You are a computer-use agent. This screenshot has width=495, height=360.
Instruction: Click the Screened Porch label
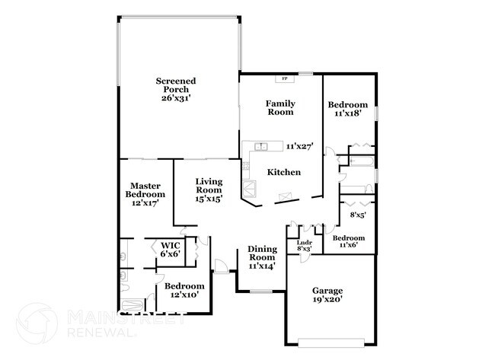pyautogui.click(x=176, y=90)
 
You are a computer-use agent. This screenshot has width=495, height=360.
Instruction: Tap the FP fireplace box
pyautogui.click(x=285, y=78)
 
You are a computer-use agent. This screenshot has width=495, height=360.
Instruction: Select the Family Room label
pyautogui.click(x=280, y=108)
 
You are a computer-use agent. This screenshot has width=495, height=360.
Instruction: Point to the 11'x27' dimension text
pyautogui.click(x=299, y=146)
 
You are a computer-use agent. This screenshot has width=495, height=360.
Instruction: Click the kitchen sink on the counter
pyautogui.click(x=260, y=146)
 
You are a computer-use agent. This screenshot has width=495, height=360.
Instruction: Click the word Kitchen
pyautogui.click(x=284, y=172)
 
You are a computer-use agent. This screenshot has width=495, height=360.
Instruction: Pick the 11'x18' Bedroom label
pyautogui.click(x=347, y=109)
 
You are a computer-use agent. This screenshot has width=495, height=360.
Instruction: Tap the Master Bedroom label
pyautogui.click(x=145, y=194)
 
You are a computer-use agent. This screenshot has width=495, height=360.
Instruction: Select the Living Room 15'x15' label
pyautogui.click(x=209, y=190)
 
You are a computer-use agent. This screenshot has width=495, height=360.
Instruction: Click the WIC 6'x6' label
pyautogui.click(x=171, y=249)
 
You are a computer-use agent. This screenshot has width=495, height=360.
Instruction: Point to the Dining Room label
pyautogui.click(x=262, y=257)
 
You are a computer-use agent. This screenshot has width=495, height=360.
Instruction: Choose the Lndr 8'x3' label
pyautogui.click(x=305, y=246)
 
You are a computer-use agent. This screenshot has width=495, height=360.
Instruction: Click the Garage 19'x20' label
pyautogui.click(x=327, y=295)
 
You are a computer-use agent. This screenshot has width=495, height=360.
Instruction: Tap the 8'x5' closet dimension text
pyautogui.click(x=358, y=215)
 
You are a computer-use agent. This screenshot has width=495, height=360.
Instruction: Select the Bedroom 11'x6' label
pyautogui.click(x=349, y=241)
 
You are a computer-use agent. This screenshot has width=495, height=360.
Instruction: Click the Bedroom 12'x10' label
pyautogui.click(x=184, y=290)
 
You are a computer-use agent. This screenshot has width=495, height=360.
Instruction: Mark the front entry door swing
pyautogui.click(x=221, y=266)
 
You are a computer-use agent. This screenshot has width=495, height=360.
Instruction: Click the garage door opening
pyautogui.click(x=331, y=343)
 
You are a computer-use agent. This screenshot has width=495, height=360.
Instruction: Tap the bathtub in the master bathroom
pyautogui.click(x=133, y=305)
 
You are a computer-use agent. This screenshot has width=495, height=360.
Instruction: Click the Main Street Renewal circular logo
pyautogui.click(x=37, y=323)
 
